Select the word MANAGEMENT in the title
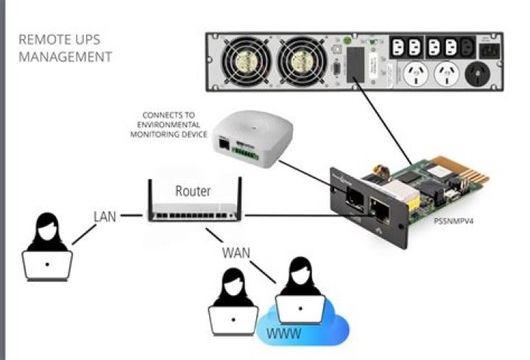pyautogui.click(x=66, y=56)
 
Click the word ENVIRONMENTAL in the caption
pyautogui.click(x=171, y=125)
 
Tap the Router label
pyautogui.click(x=193, y=191)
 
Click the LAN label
pyautogui.click(x=105, y=216)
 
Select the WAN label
pyautogui.click(x=236, y=253)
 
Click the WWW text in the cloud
pyautogui.click(x=284, y=333)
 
